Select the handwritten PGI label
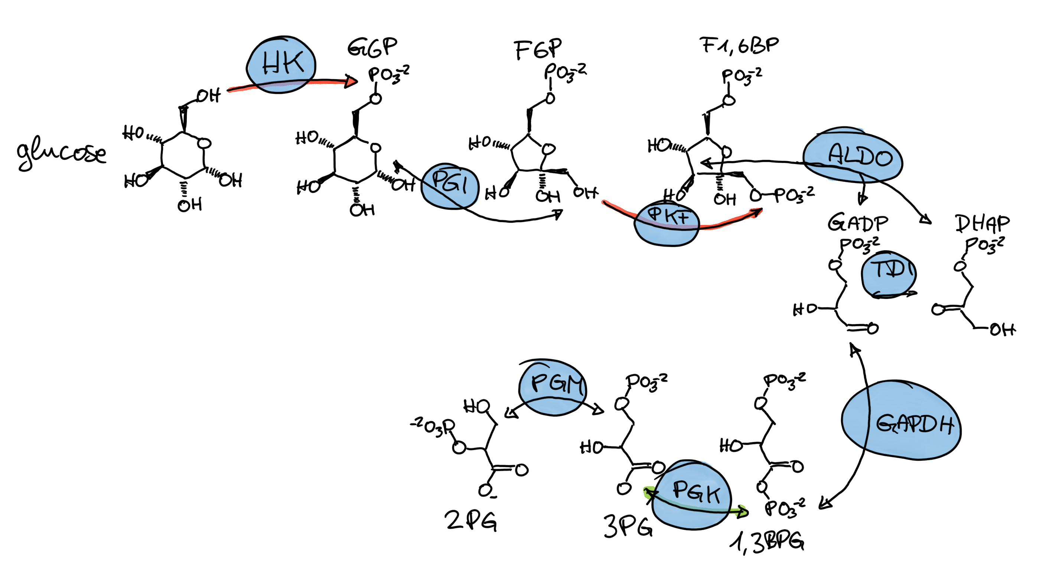pos(449,182)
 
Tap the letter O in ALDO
pos(884,159)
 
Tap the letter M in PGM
pos(575,385)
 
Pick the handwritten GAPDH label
pos(915,424)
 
